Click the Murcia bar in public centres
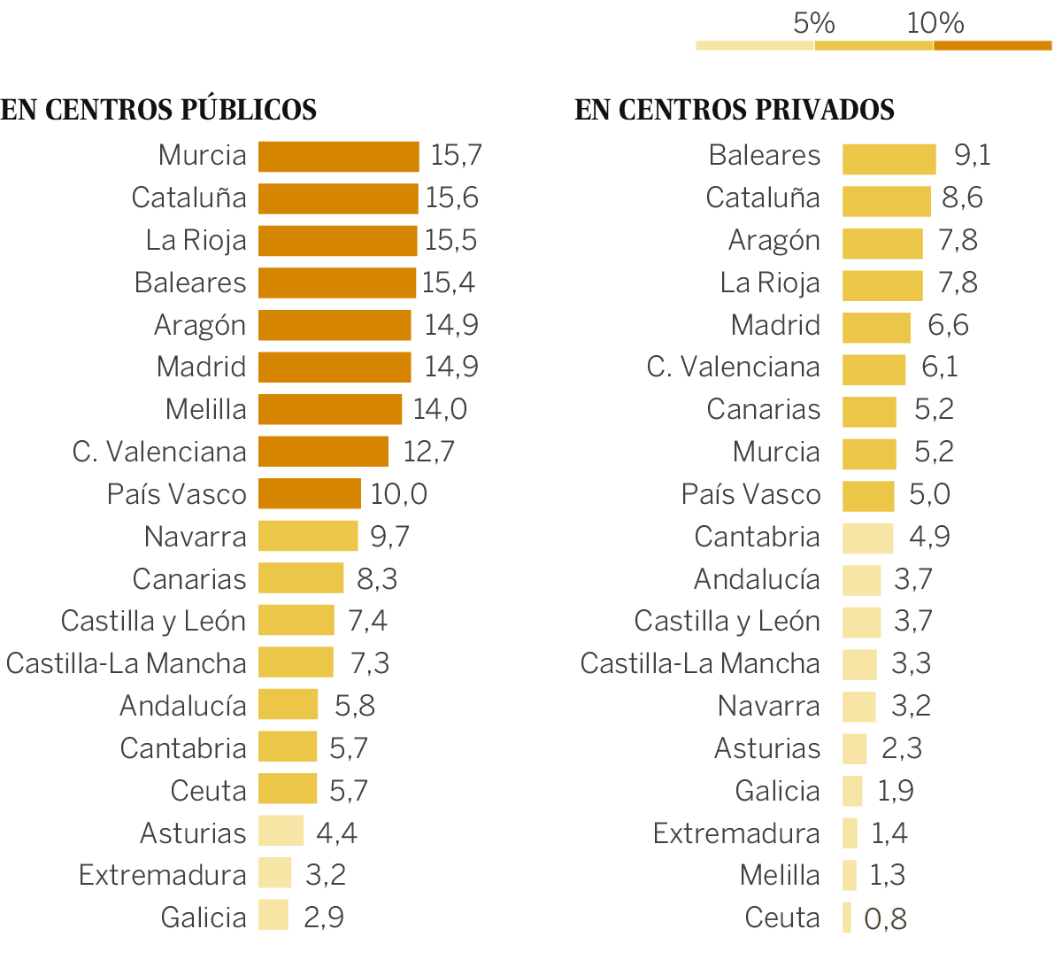click(x=338, y=157)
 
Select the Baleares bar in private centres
click(x=889, y=159)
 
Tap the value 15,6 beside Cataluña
click(x=451, y=197)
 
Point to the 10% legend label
click(x=935, y=23)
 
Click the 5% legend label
click(x=813, y=23)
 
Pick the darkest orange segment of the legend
click(x=992, y=45)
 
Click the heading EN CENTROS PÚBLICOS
click(x=158, y=110)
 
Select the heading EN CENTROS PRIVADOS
click(x=735, y=110)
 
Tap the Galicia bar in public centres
click(x=273, y=915)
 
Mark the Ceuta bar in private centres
click(x=847, y=917)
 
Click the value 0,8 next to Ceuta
click(x=885, y=919)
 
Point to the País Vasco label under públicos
click(x=176, y=494)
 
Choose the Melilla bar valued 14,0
click(x=330, y=409)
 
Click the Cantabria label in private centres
click(x=757, y=537)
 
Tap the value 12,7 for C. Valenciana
click(x=428, y=452)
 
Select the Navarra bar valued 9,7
click(x=308, y=536)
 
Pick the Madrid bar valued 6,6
click(x=876, y=328)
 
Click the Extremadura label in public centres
click(x=162, y=875)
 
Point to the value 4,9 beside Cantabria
click(x=929, y=537)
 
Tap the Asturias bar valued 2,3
click(x=854, y=749)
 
